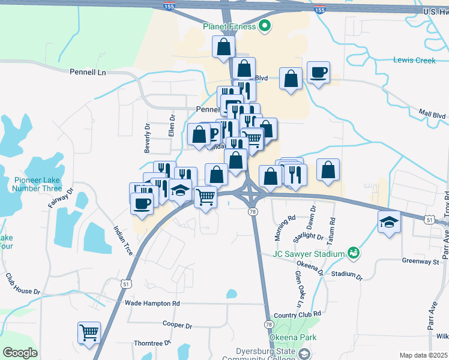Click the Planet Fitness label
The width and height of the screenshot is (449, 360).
coord(229,26)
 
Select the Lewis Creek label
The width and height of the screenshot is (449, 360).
coord(414,60)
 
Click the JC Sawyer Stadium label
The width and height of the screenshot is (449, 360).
coord(308,253)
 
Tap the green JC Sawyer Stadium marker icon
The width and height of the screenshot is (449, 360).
coord(354,253)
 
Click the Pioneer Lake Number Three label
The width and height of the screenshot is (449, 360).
coord(38,184)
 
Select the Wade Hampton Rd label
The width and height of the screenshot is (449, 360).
coord(152,304)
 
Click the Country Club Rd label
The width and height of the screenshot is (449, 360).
coord(297,314)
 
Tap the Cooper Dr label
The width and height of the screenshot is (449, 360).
coord(177,325)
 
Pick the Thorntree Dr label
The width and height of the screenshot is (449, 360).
coord(152,343)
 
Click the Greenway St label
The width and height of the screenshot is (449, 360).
coord(421,262)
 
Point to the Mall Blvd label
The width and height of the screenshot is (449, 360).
coord(432,115)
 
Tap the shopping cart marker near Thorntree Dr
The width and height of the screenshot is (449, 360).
coord(89,332)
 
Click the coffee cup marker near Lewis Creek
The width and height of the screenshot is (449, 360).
coord(318,73)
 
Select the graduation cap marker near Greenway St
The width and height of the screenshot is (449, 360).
coord(389,222)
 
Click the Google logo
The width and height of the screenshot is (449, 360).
coord(20,353)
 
